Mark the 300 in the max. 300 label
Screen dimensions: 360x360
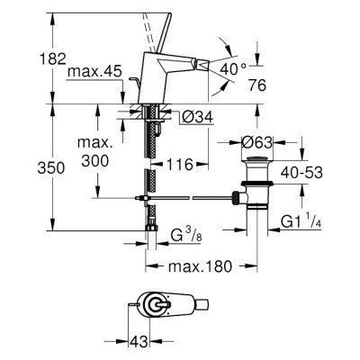(91, 159)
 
